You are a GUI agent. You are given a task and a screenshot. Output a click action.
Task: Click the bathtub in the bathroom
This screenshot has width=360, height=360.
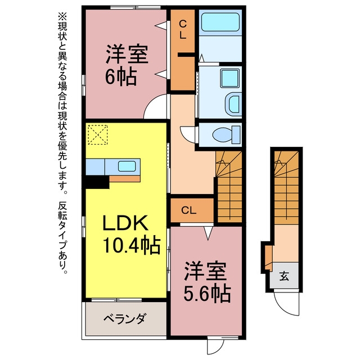220,22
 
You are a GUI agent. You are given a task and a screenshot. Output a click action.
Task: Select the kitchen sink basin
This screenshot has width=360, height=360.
127,166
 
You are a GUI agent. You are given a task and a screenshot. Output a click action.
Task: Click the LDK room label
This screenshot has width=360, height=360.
125,223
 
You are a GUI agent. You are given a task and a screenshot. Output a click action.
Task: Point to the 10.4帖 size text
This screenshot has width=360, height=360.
132,245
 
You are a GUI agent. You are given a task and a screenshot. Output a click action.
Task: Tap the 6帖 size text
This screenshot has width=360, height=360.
121,76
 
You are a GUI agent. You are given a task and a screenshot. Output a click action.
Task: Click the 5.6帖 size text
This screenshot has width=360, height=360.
207,294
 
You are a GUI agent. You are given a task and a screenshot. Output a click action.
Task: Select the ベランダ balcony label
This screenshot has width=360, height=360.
124,318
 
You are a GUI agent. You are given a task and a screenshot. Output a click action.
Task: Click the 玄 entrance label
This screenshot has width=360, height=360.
284,276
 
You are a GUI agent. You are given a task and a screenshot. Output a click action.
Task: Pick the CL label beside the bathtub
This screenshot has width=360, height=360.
182,29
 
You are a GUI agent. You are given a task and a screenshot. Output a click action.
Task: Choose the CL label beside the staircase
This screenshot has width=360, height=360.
189,210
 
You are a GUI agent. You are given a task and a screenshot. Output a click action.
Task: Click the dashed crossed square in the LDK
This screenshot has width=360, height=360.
98,135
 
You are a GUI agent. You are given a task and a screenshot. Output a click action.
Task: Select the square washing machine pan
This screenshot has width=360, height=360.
229,78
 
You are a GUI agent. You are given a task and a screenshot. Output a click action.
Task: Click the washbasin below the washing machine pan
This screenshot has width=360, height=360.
233,104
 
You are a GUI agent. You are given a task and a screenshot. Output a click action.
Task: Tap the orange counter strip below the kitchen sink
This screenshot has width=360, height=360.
125,179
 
